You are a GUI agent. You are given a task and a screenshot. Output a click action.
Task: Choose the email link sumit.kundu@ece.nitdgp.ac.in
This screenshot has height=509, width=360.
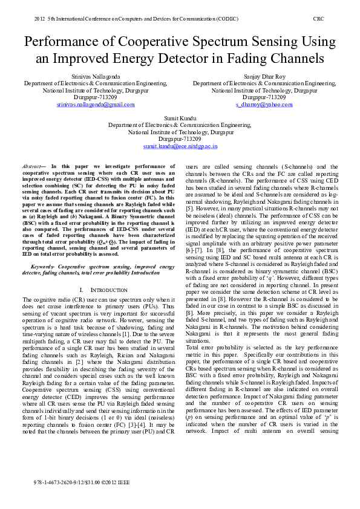pos(180,146)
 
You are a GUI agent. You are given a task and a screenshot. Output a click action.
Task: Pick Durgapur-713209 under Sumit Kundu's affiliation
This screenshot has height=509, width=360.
pos(180,138)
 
